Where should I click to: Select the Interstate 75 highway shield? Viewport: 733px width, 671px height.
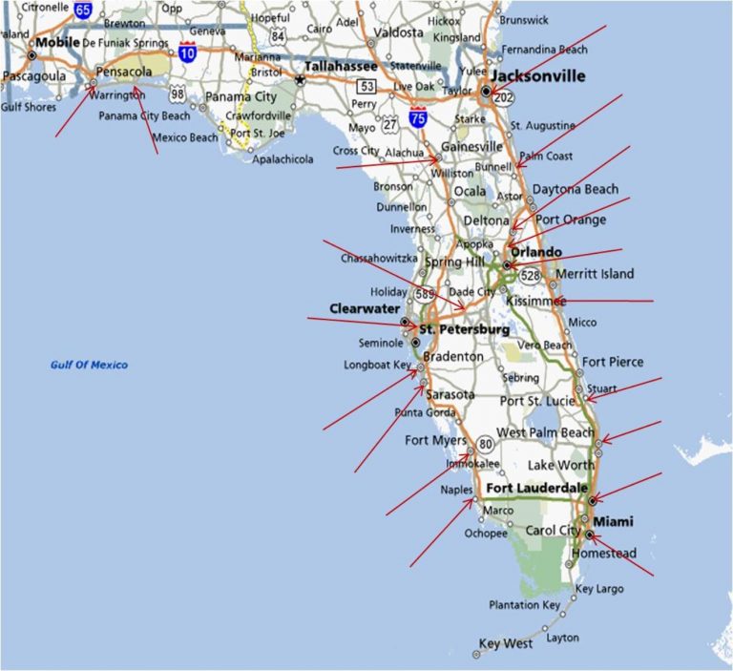[x=417, y=117]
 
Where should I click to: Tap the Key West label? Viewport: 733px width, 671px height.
[x=506, y=644]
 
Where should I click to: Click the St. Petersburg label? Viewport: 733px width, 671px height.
[x=465, y=330]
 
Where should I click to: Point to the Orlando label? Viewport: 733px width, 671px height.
[x=535, y=252]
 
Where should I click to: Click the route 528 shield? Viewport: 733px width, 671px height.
[x=531, y=275]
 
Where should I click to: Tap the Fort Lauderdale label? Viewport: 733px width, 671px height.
[x=536, y=488]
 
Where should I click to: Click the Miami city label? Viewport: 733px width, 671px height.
[x=613, y=521]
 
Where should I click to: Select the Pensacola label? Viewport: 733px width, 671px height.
[x=126, y=72]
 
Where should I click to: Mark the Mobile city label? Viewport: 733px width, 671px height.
[x=58, y=43]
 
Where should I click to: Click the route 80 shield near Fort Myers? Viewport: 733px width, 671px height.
[x=486, y=443]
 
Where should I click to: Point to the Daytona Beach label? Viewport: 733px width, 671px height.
[x=576, y=190]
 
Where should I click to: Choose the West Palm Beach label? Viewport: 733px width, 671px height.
[x=546, y=432]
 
